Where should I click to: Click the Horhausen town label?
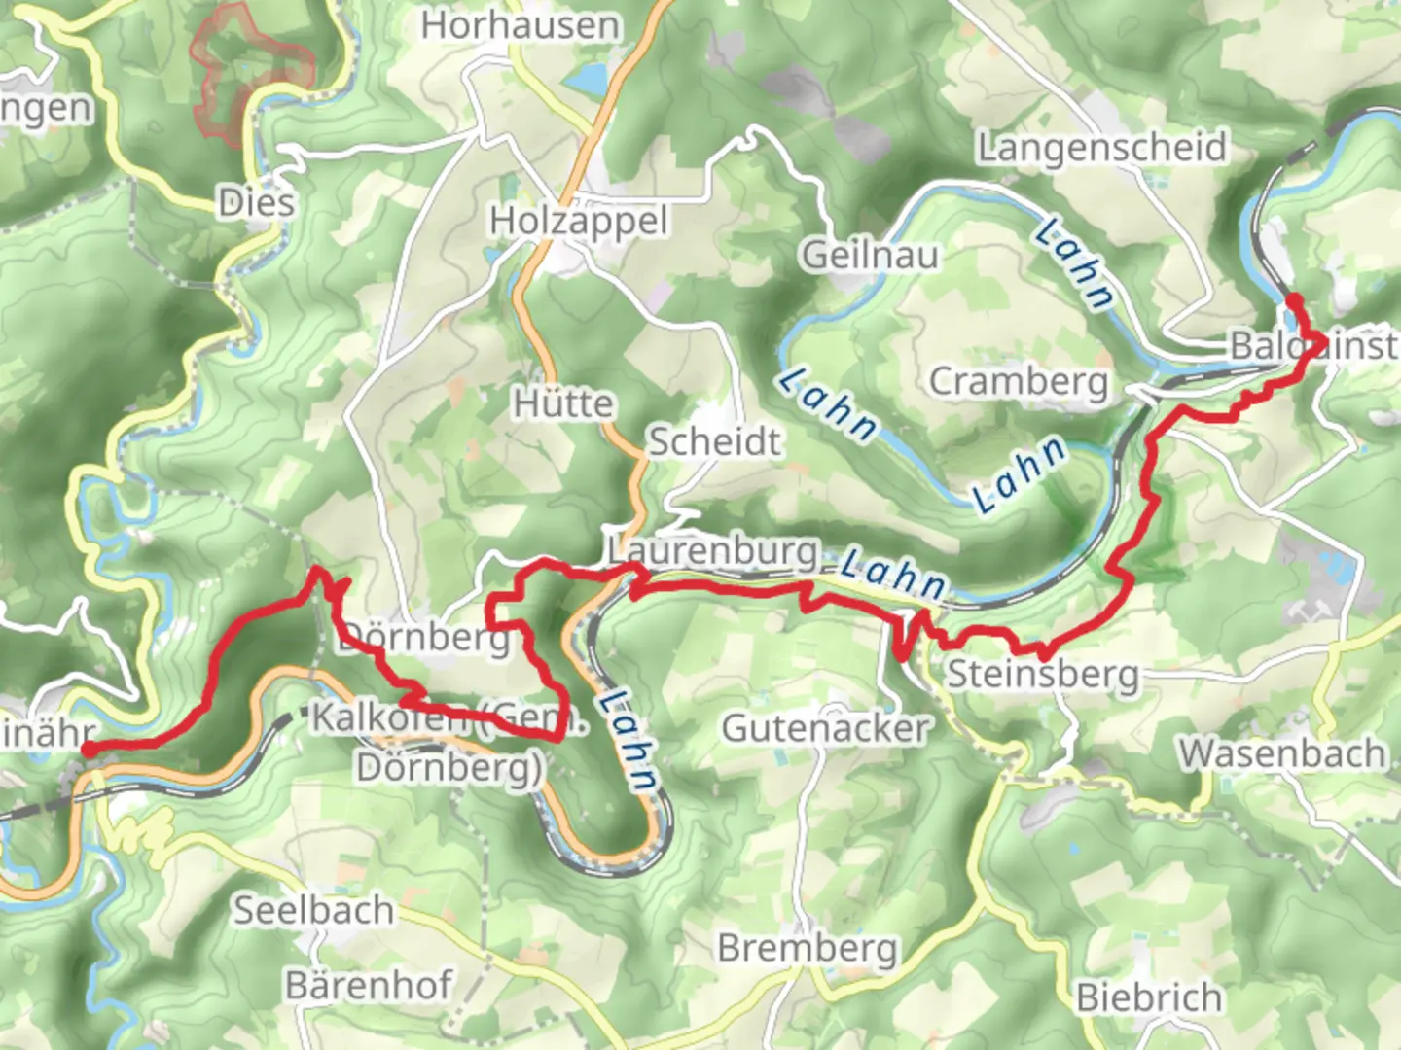520,25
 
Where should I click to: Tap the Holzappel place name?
579,222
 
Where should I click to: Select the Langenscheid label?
1101,148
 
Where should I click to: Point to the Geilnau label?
870,256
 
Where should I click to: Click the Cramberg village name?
1019,381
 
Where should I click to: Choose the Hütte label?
563,402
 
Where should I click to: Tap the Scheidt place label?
714,441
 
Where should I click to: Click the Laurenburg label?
712,550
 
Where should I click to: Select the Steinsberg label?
1042,674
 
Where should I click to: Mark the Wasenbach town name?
1281,753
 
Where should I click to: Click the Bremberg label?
808,947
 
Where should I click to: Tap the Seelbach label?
313,910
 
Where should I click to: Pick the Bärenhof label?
369,985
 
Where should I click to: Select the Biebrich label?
1149,997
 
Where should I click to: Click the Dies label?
256,203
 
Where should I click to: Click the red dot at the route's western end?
88,749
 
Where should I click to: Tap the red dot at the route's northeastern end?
1294,299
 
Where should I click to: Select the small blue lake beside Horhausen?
587,79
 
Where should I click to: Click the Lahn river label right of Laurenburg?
892,574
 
